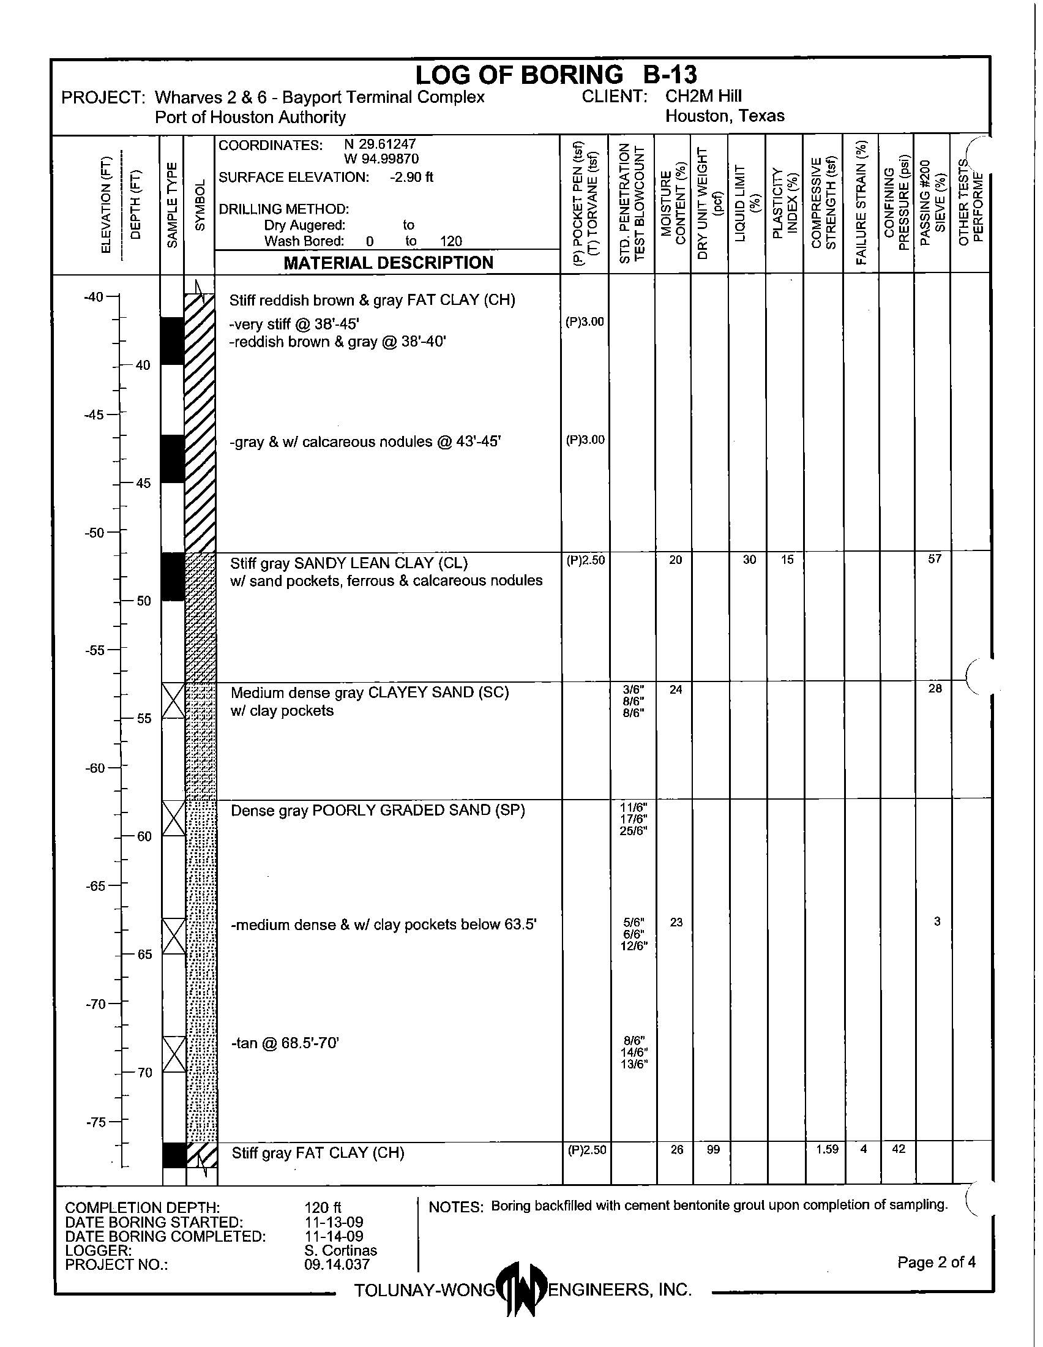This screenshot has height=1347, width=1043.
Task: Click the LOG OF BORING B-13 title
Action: (x=555, y=75)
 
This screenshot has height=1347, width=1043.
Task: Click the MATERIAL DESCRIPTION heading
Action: (x=387, y=263)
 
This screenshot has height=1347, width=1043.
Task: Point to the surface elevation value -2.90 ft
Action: (x=411, y=178)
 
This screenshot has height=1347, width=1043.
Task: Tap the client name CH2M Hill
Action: (x=703, y=96)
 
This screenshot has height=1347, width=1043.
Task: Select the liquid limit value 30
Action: (x=749, y=560)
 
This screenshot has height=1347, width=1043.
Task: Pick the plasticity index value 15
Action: (x=787, y=560)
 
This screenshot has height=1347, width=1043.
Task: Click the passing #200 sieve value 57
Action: (x=935, y=559)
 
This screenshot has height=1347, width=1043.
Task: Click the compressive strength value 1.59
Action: (x=827, y=1149)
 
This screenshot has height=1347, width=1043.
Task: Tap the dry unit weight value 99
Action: (x=713, y=1150)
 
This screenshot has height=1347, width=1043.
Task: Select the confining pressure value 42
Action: (x=898, y=1149)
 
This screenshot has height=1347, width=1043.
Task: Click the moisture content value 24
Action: (x=676, y=689)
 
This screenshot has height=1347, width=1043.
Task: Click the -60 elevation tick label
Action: (x=95, y=768)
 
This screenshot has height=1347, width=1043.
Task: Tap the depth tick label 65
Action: (x=144, y=955)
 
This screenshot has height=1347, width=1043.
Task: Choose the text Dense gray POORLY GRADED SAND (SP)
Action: (x=377, y=811)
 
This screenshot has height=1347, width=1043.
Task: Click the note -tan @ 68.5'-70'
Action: (x=285, y=1043)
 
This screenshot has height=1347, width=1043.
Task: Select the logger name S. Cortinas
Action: (x=340, y=1250)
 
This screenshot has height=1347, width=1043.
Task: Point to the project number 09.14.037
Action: (x=337, y=1264)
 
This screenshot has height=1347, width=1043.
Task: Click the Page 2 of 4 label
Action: (x=936, y=1262)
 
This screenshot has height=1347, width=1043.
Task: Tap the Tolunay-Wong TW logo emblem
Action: (x=521, y=1288)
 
